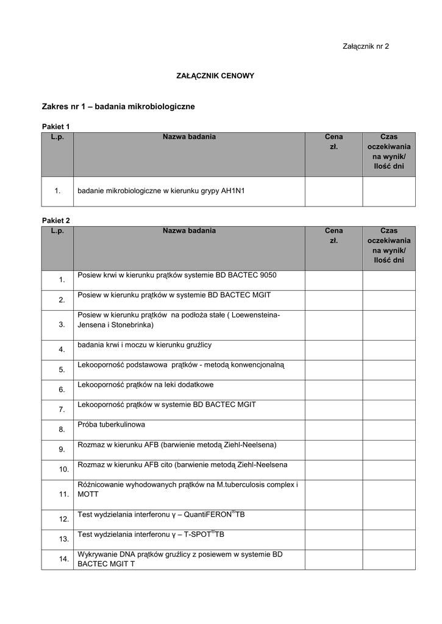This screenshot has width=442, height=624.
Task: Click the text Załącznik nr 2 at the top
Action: point(366,46)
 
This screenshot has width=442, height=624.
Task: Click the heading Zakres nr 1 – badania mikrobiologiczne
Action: point(118,107)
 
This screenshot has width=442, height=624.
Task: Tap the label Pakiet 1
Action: point(55,126)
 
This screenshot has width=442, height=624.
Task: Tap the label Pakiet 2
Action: point(55,220)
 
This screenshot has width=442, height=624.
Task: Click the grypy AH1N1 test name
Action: point(161,191)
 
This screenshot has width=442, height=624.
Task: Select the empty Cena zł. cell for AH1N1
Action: point(333,191)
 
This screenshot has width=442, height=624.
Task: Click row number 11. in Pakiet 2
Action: point(63,494)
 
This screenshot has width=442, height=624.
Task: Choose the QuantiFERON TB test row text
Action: point(161,515)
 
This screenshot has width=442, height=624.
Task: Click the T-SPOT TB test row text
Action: point(151,534)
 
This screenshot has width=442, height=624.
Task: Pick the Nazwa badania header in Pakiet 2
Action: point(189,231)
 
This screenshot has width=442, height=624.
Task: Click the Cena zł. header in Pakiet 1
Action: point(333,142)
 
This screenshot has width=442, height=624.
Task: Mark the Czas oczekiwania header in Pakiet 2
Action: point(388,246)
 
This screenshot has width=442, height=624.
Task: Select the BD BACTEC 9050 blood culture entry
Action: point(177,275)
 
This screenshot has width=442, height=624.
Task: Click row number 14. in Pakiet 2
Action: point(63,559)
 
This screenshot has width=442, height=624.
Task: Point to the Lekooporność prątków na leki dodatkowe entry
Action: point(146,385)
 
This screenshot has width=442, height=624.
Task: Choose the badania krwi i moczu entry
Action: point(144,345)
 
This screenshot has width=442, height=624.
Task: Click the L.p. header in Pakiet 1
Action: point(57,137)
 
